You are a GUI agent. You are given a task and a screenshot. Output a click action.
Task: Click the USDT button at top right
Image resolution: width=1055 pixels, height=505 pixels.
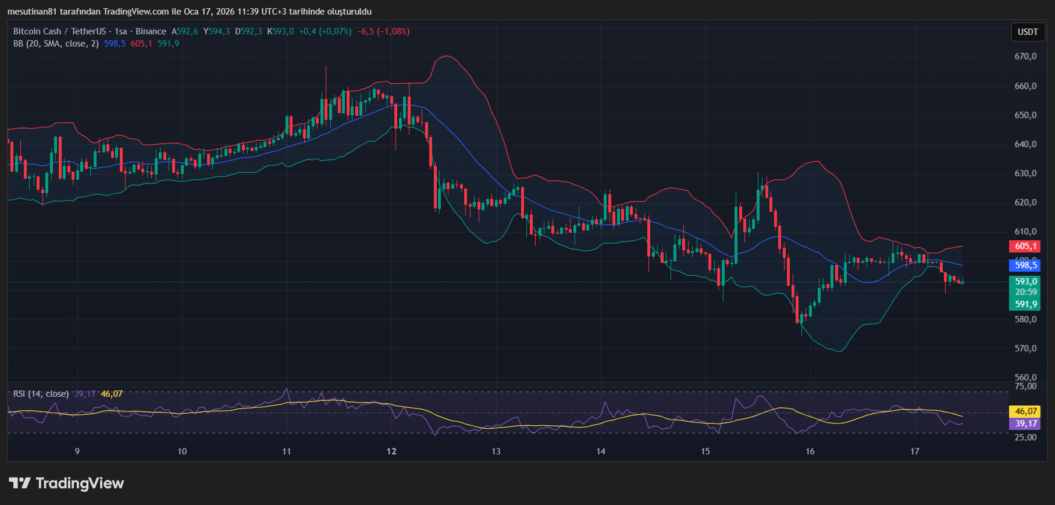1027,32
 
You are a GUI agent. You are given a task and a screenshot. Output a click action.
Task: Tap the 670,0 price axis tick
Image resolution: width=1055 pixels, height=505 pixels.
1025,56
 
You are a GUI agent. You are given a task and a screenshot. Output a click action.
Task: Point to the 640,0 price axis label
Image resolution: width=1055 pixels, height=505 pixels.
1025,144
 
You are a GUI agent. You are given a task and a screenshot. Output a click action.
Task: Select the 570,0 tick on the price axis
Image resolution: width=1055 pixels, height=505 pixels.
1025,348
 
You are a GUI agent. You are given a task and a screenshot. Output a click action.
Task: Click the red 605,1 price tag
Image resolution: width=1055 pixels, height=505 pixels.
1025,246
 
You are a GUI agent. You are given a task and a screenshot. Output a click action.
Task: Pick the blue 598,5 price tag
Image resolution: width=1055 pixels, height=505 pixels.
1025,265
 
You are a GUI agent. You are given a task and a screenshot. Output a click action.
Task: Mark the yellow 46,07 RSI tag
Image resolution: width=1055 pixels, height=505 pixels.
1025,411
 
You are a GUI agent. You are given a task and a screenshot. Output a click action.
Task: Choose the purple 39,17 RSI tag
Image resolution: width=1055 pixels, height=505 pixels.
1025,424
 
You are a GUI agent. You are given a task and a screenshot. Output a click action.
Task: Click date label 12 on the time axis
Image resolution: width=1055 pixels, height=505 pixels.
391,451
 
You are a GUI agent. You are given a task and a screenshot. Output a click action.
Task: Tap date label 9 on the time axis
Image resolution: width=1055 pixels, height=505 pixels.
77,451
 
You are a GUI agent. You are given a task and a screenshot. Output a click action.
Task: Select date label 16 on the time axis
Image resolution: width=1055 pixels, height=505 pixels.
810,451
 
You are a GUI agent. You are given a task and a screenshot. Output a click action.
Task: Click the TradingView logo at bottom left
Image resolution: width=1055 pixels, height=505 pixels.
66,483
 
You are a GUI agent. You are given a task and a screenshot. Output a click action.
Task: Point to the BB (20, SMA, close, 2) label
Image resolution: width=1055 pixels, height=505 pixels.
56,44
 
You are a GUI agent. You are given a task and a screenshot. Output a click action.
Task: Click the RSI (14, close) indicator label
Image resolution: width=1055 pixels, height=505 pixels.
41,394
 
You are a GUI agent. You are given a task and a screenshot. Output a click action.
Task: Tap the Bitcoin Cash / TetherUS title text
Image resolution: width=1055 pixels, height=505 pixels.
59,31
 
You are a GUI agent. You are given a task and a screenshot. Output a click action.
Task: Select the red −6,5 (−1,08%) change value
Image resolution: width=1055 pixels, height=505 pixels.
383,31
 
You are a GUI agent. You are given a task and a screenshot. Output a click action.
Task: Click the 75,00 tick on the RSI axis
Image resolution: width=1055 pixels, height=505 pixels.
1025,386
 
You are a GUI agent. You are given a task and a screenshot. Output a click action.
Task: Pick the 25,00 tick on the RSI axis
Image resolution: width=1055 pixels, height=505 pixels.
1025,438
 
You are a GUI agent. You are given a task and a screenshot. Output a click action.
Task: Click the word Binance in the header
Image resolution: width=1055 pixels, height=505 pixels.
151,31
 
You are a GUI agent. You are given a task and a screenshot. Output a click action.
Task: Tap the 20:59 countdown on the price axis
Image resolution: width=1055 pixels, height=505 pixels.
1025,292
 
